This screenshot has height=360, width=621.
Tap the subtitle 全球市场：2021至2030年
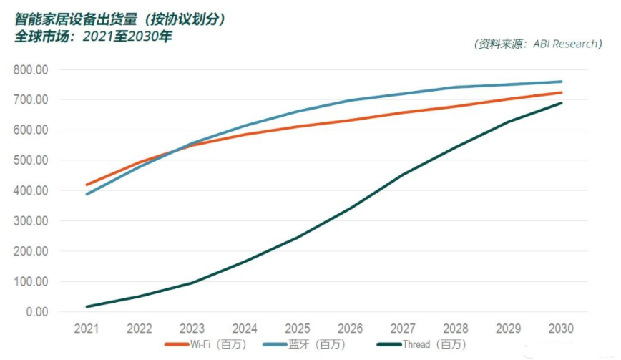pos(93,36)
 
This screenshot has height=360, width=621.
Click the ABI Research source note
pos(538,44)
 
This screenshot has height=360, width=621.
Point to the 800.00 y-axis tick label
pos(31,70)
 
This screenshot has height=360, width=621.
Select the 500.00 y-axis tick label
pos(31,161)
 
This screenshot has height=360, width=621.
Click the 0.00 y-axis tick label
pos(36,312)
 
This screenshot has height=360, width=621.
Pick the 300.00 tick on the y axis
pos(31,221)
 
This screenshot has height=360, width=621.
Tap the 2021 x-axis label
pos(87,329)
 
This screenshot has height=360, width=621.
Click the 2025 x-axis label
pos(297,329)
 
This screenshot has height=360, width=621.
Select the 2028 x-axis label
pos(455,329)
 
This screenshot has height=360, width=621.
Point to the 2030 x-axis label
pos(560,329)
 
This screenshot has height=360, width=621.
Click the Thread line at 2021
pos(87,307)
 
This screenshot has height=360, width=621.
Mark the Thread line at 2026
pos(350,208)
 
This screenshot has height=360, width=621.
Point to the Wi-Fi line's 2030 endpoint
pos(560,92)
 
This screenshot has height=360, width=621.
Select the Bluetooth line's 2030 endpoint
pos(560,82)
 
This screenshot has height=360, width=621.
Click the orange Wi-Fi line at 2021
pos(87,185)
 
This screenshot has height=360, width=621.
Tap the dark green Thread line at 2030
pos(560,103)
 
